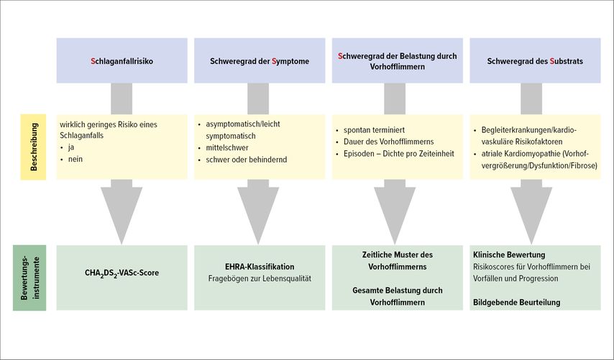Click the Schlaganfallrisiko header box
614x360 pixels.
(122, 60)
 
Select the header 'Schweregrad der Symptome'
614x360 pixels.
(260, 60)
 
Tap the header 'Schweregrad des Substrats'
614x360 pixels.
(535, 60)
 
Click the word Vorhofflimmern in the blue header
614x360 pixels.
(397, 67)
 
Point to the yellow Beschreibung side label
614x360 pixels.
(33, 147)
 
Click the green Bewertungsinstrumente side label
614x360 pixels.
(29, 278)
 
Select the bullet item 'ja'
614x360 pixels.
(71, 147)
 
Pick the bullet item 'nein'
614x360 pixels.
(75, 160)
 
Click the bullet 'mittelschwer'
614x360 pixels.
(227, 148)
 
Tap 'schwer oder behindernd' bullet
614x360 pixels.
(247, 160)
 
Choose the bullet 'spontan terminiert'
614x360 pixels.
(374, 130)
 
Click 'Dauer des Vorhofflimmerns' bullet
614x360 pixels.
(388, 142)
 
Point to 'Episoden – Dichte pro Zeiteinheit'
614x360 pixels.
(398, 153)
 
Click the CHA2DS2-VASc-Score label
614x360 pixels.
(122, 273)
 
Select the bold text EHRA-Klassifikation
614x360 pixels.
(260, 267)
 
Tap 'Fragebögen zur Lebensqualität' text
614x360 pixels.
(260, 279)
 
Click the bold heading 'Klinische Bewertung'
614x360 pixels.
(509, 255)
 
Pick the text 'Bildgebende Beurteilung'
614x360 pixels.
(516, 303)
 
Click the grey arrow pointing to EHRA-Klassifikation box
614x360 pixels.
(258, 211)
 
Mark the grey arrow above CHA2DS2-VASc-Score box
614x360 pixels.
(122, 211)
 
